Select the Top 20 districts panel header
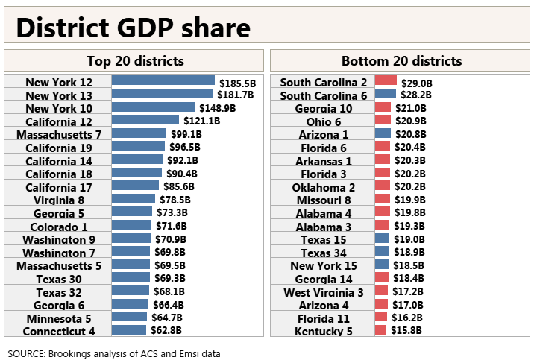134,61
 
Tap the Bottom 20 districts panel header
401,61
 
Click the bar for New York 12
163,80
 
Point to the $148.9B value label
217,107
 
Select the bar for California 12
145,120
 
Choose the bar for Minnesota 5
130,317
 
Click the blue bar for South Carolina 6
386,94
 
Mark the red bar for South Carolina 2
386,80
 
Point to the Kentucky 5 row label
324,331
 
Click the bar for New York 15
382,265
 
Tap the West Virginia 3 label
324,292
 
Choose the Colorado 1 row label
59,227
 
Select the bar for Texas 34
382,251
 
